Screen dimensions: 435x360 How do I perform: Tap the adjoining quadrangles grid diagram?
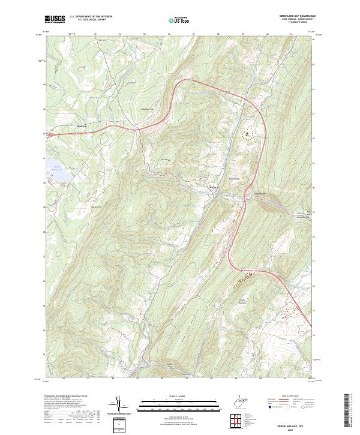pos(239,422)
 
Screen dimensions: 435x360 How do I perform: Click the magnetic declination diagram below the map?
pos(119,404)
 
